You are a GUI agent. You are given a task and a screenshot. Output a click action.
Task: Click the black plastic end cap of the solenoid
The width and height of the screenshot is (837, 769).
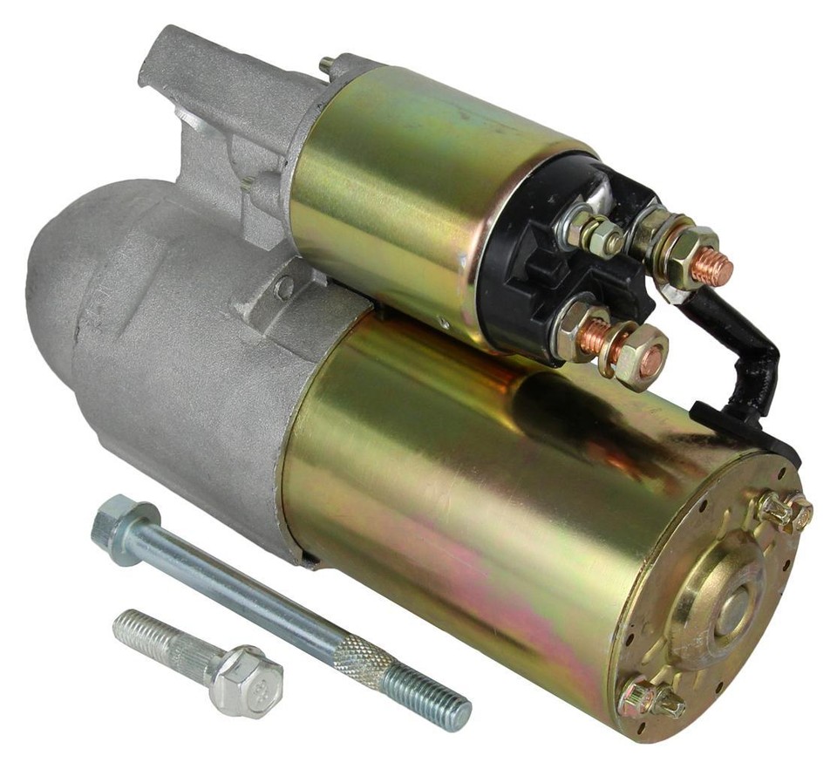pos(523,253)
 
